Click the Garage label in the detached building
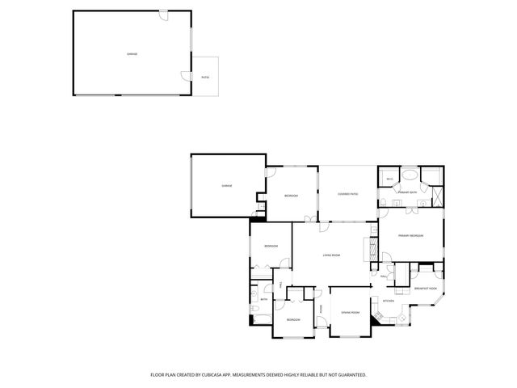click(x=132, y=54)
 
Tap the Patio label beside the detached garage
click(x=205, y=77)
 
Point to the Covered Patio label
click(x=347, y=195)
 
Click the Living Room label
click(x=331, y=255)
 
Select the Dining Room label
click(x=350, y=312)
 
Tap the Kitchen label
click(x=388, y=301)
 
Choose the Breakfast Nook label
click(x=426, y=289)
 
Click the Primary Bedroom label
click(x=412, y=235)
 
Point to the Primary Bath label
click(x=407, y=192)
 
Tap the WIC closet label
click(x=389, y=179)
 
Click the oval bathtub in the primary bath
click(x=410, y=175)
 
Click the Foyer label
click(x=321, y=310)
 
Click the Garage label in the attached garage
click(x=227, y=187)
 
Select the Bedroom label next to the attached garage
click(x=291, y=196)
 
